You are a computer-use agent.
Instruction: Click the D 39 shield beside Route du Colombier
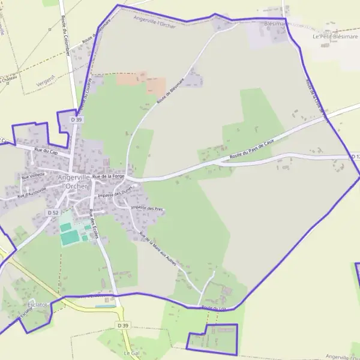tap(76, 119)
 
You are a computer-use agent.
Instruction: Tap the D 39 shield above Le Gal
tap(123, 325)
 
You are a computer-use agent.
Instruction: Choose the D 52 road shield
tap(53, 212)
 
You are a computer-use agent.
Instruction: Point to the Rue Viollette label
tap(34, 176)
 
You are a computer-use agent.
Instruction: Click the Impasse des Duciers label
tap(118, 192)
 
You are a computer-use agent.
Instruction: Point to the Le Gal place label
tap(131, 353)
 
